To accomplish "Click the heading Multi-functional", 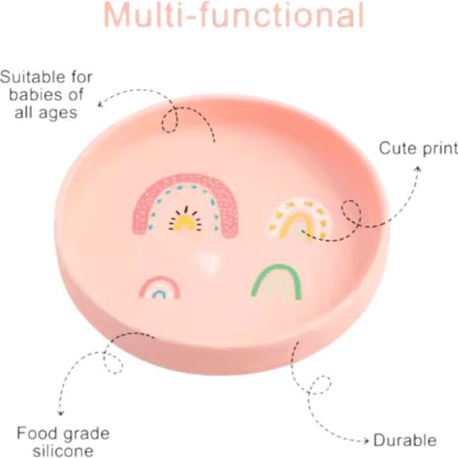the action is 234,15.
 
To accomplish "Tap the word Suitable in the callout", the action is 33,77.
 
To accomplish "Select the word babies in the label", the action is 35,95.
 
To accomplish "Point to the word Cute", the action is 398,148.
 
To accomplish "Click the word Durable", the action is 405,440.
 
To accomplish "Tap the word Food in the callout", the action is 37,433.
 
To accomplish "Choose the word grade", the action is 87,434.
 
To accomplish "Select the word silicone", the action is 63,450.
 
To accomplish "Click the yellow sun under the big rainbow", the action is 185,220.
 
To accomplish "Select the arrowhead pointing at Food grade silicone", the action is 60,412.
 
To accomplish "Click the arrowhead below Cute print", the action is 419,170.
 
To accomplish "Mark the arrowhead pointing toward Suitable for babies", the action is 100,103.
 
